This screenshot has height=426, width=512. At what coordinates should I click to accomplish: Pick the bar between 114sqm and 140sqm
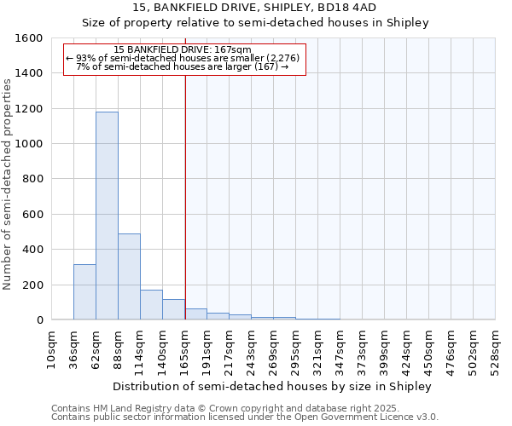151,304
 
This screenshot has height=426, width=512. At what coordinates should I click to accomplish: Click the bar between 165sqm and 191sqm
196,314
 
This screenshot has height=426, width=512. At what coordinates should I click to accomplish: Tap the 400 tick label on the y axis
33,250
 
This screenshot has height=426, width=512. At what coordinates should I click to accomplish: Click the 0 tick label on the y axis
39,320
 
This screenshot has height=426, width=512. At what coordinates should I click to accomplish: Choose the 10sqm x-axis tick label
52,348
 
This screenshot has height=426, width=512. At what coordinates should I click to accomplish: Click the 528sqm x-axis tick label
496,348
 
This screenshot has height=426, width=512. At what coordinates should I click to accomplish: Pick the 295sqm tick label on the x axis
296,348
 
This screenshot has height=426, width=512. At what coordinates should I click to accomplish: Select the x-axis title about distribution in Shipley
272,386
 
